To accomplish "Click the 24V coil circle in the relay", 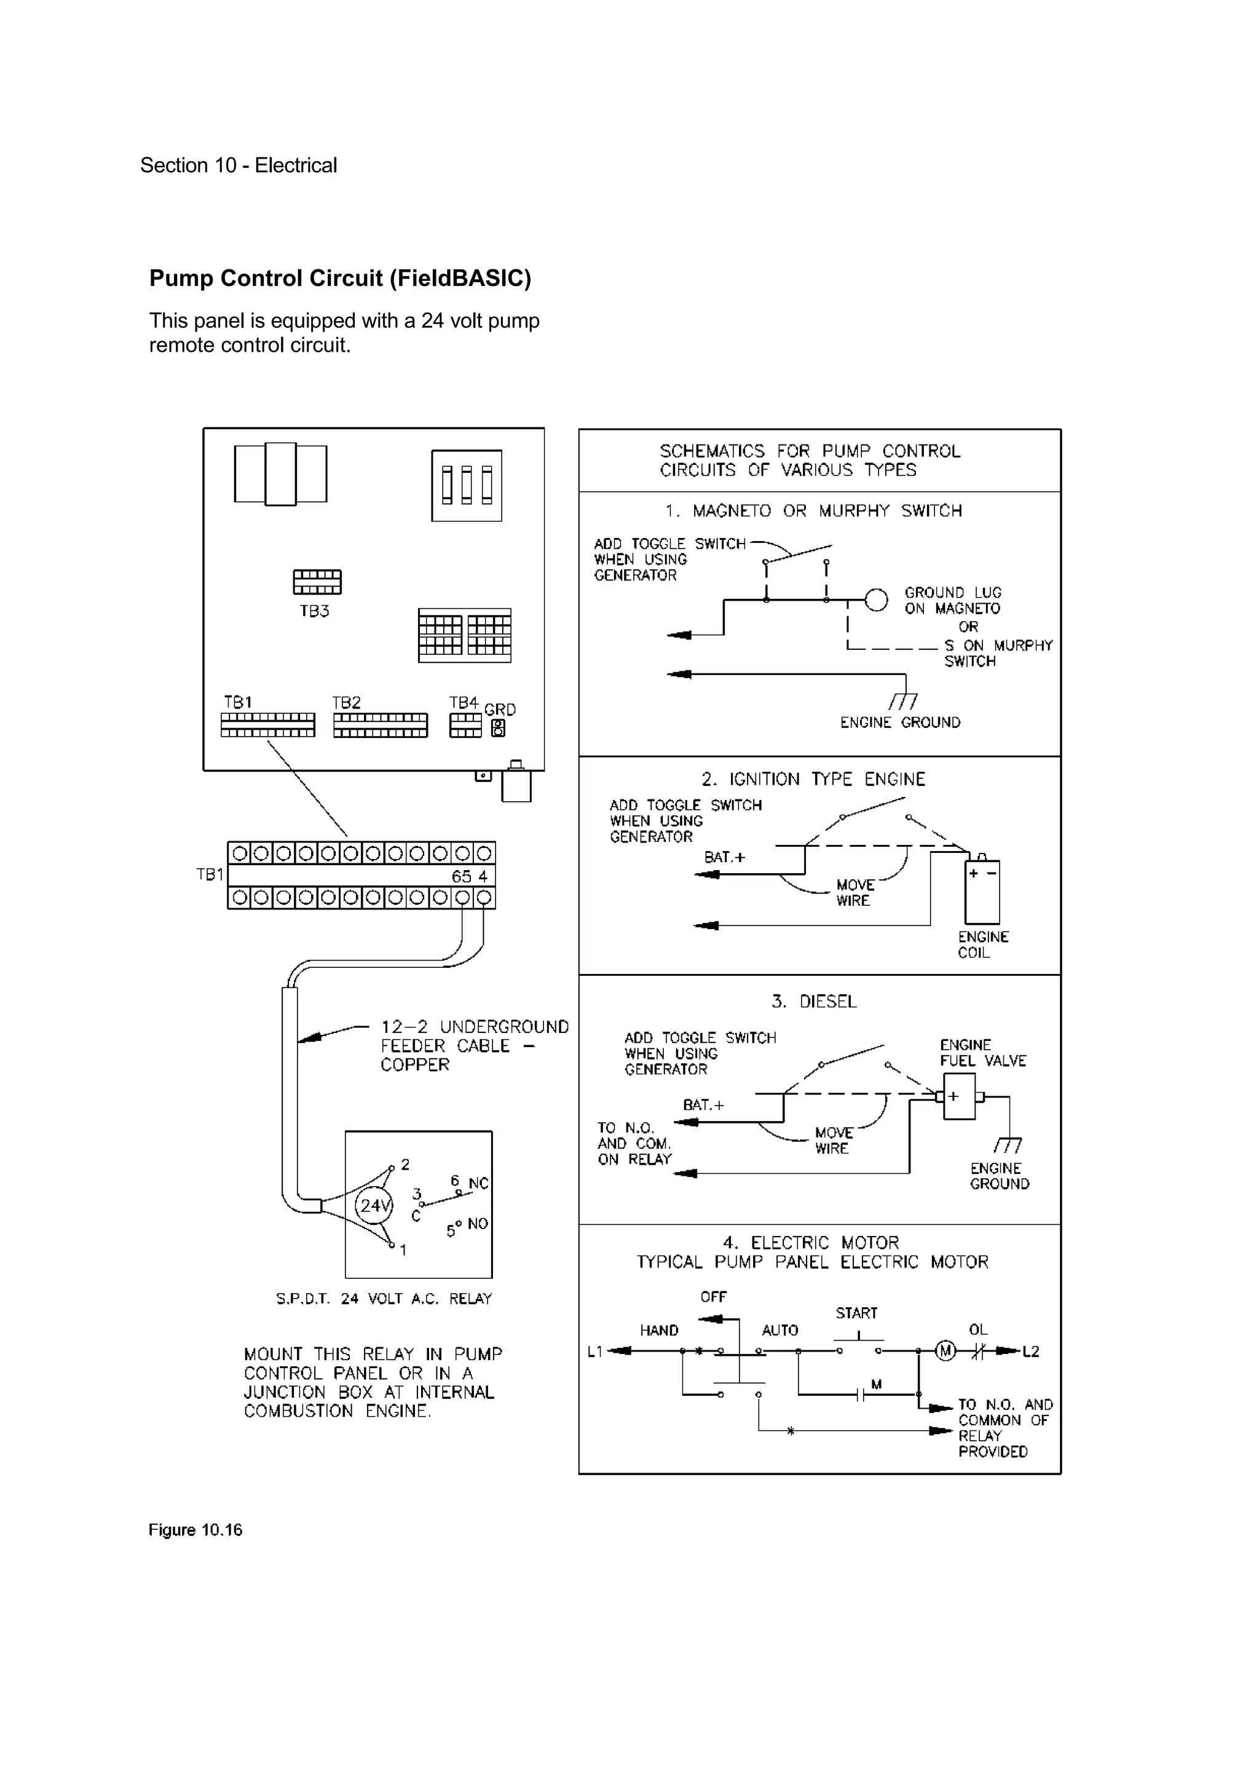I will point(374,1205).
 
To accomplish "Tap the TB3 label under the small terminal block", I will point(314,612).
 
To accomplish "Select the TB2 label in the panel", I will point(346,702).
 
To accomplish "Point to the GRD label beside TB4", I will point(500,710).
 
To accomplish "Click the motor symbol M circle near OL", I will point(945,1351).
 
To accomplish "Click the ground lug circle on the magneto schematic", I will point(876,600).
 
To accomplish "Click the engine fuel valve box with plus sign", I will point(959,1096).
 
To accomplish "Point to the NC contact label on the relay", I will point(478,1184).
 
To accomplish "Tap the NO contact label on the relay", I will point(477,1224).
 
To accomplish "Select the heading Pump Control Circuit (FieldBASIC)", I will point(340,278).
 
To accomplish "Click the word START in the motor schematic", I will point(856,1313).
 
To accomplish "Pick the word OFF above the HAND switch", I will point(713,1297).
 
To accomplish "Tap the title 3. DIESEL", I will point(814,1001).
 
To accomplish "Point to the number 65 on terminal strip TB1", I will point(462,876).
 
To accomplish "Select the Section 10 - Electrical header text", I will point(238,165).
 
